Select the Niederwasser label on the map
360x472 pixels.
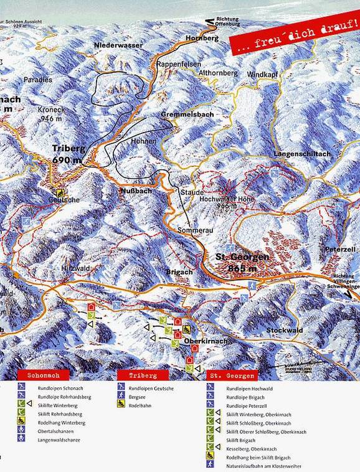(x=118, y=46)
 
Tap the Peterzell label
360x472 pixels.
(x=340, y=249)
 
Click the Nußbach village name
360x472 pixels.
(x=136, y=191)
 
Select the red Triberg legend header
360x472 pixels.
(x=137, y=375)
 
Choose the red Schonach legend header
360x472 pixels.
(x=40, y=375)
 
